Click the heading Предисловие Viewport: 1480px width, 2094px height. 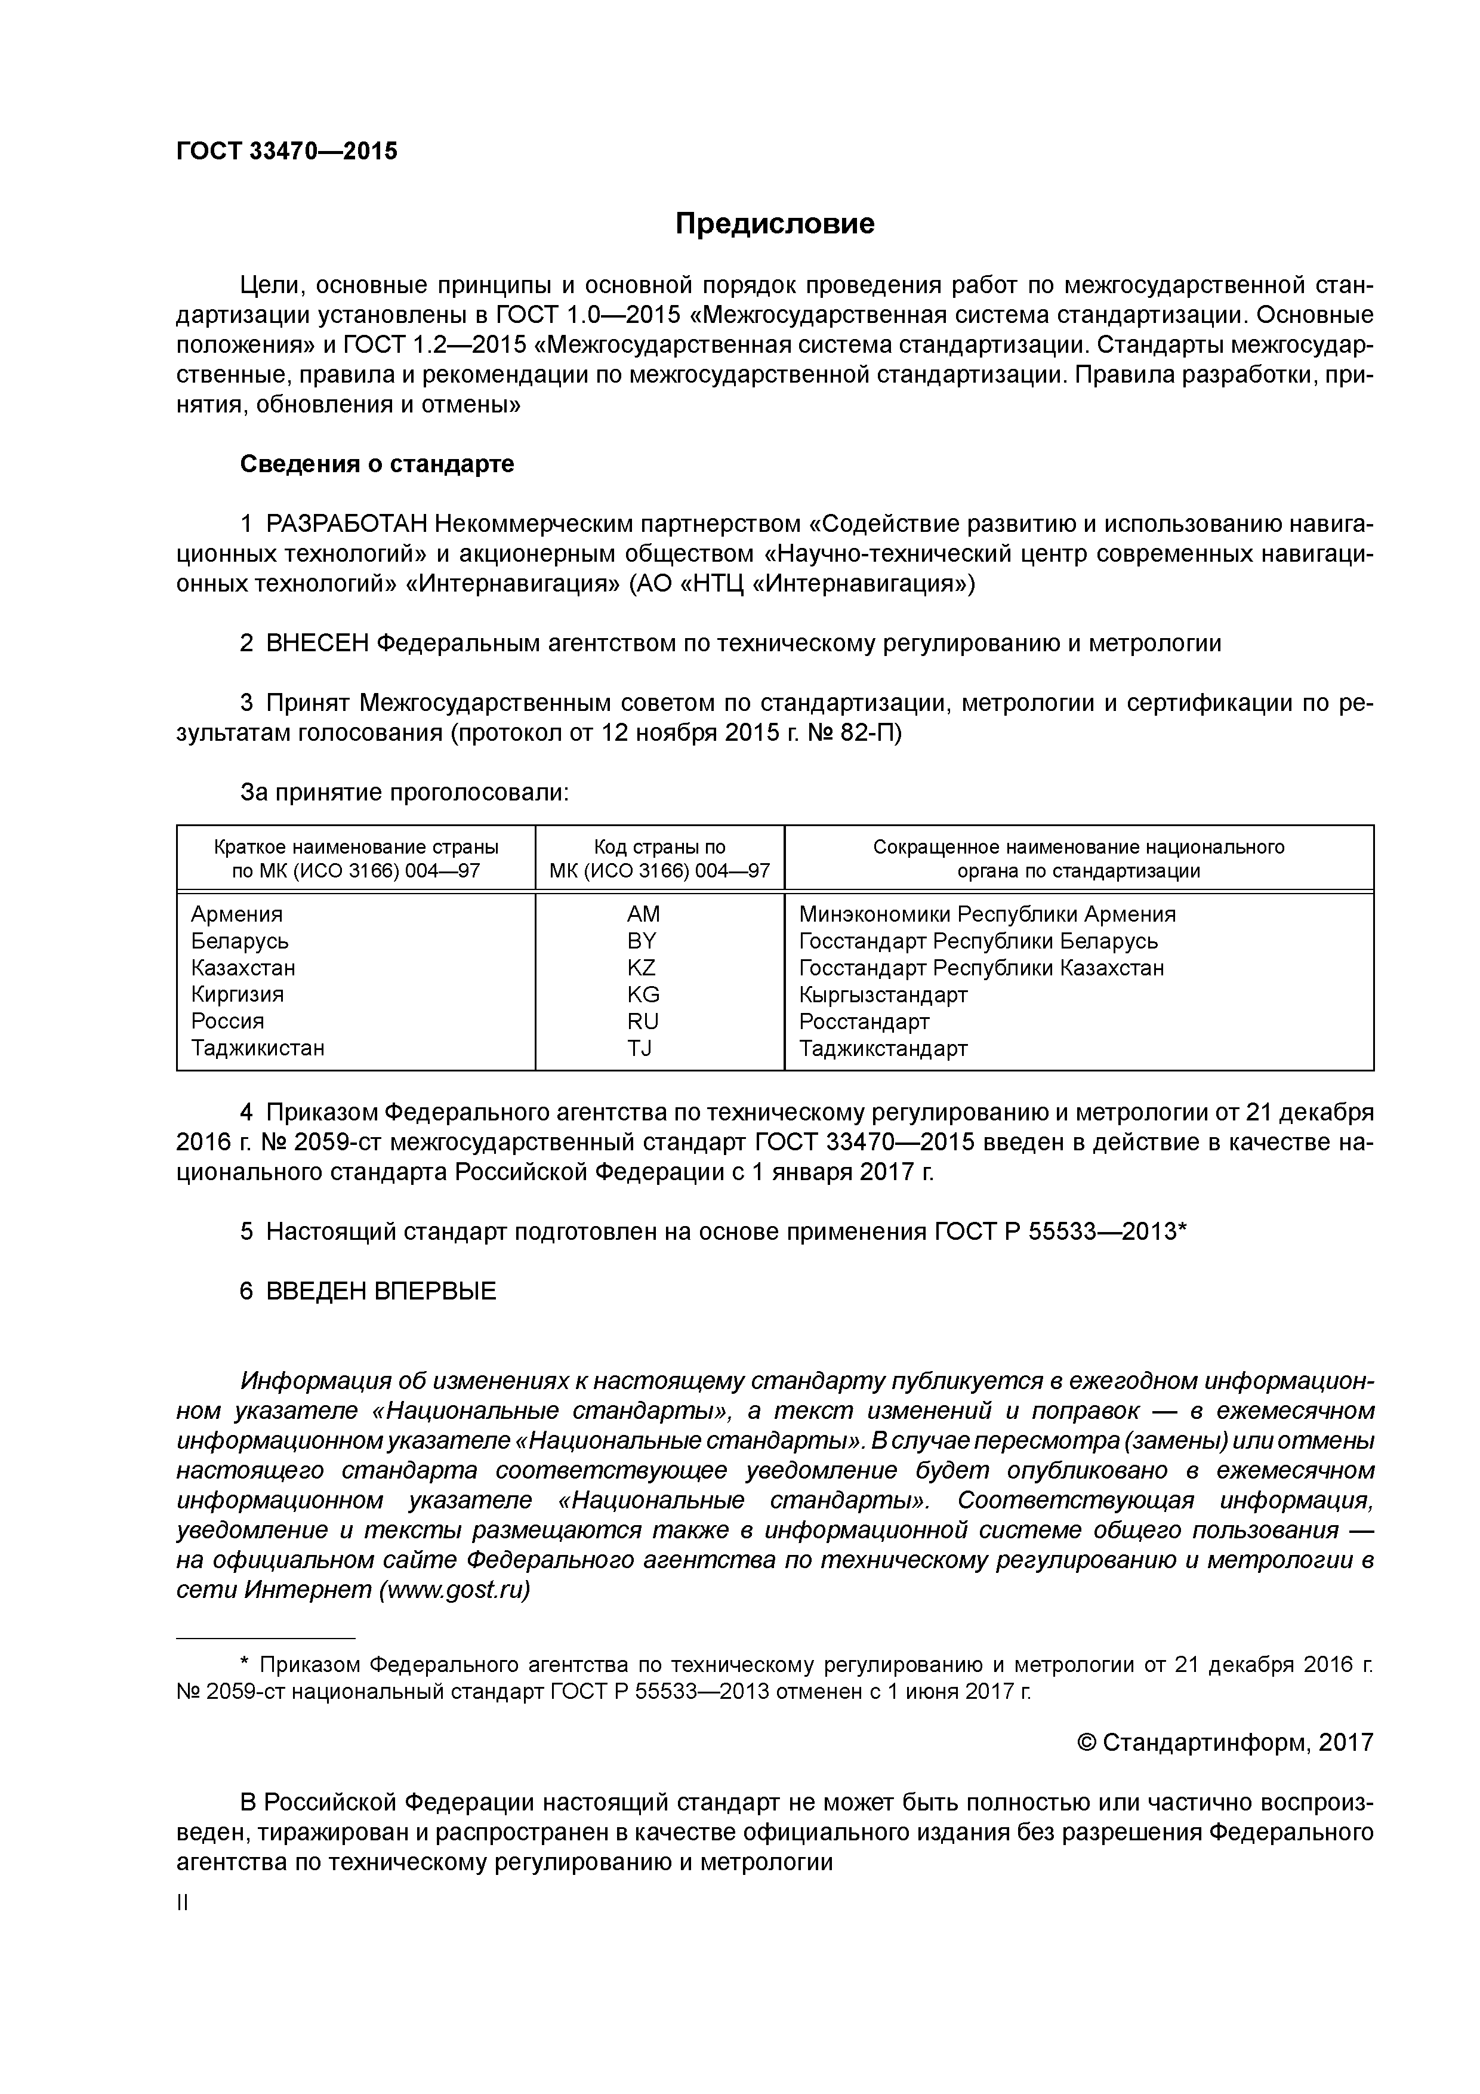[774, 223]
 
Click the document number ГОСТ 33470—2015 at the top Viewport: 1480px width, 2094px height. [286, 152]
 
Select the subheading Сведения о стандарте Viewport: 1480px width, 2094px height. [377, 464]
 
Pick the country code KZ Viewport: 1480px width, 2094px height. [641, 968]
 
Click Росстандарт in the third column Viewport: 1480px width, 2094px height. [864, 1021]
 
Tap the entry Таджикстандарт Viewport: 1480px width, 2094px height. [883, 1048]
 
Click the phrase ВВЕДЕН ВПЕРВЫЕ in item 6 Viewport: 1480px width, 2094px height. [381, 1291]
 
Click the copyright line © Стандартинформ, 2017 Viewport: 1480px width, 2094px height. [1225, 1743]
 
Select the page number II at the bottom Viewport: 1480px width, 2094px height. [183, 1904]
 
